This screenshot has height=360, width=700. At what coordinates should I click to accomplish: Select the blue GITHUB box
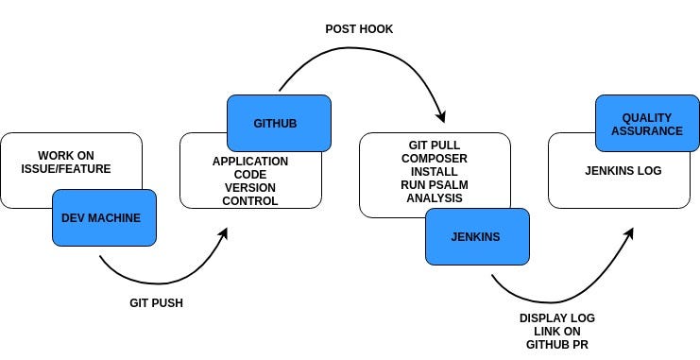pos(279,123)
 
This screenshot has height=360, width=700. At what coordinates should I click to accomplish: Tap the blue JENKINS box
pos(477,236)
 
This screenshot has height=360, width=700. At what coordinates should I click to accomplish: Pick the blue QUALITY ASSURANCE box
pos(646,124)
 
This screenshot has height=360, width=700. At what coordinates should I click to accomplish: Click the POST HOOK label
pos(358,29)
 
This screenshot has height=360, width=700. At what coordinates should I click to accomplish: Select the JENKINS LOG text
pos(623,170)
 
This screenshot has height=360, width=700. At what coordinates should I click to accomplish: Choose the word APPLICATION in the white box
pos(250,162)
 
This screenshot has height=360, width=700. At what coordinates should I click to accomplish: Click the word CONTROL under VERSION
pos(250,200)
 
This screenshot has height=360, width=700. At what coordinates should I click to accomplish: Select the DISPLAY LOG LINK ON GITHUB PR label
pos(557,331)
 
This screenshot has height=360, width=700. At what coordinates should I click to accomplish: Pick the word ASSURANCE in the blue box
pos(646,131)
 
